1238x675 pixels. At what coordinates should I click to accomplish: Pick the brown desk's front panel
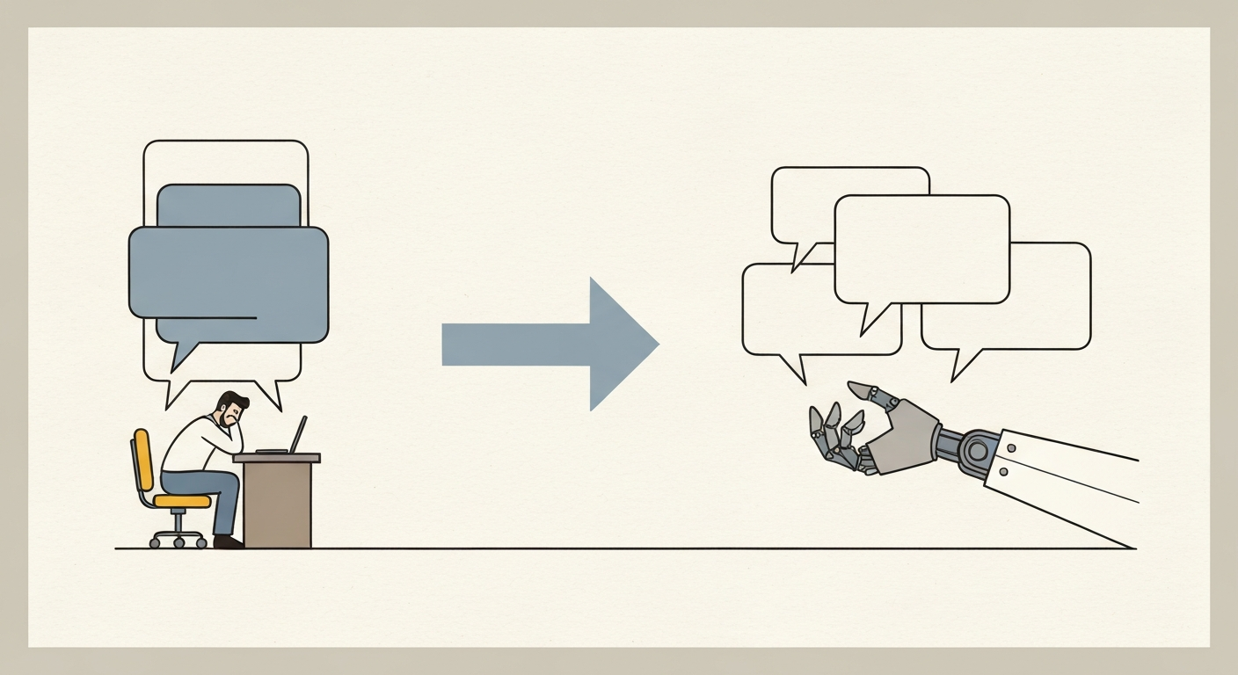tap(277, 504)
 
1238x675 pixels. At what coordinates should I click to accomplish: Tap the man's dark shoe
tap(228, 542)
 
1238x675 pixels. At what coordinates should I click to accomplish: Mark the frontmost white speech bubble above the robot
tap(921, 249)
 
